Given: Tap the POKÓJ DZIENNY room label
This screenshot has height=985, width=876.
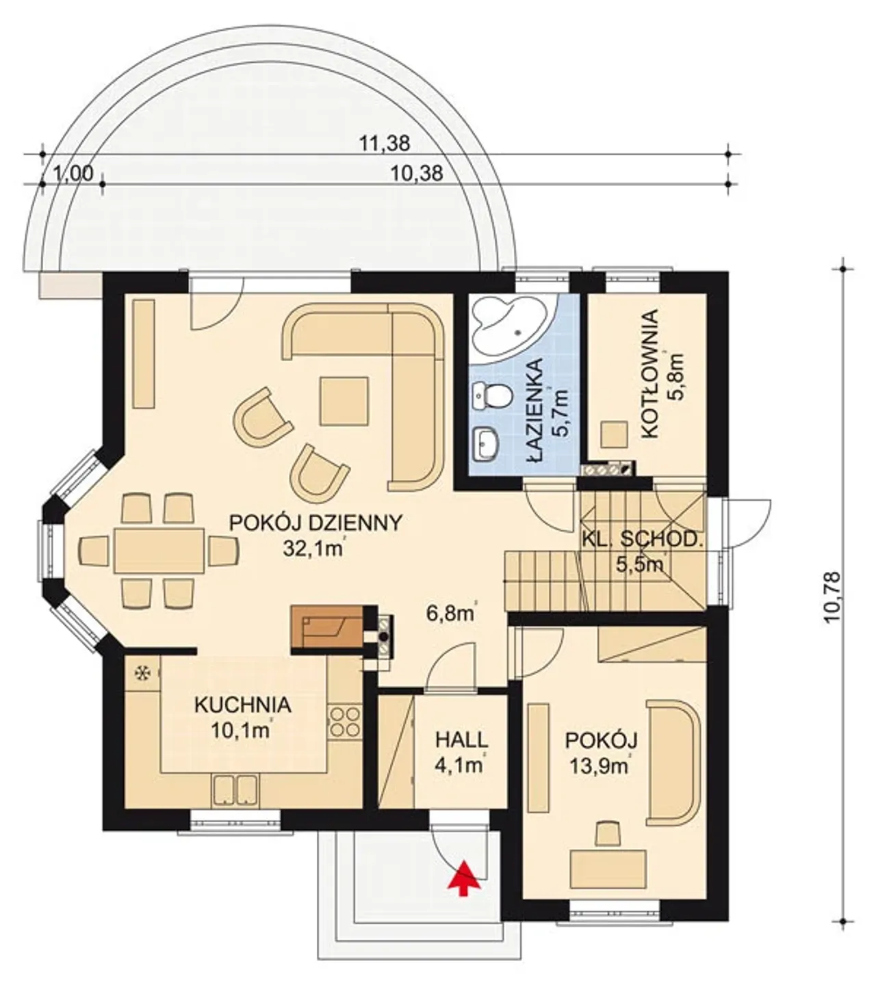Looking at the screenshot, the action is click(x=315, y=523).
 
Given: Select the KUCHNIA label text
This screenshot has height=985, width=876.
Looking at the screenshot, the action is click(x=243, y=705).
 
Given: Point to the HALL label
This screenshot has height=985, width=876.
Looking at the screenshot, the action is click(x=461, y=740).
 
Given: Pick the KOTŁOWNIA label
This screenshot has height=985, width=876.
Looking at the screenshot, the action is click(x=649, y=374).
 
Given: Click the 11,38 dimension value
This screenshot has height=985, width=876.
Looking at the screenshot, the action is click(x=385, y=144).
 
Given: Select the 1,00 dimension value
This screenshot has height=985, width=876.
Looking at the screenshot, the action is click(x=73, y=174).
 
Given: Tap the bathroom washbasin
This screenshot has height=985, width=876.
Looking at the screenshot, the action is click(x=486, y=443).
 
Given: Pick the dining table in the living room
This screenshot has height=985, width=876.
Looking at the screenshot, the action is click(x=159, y=551).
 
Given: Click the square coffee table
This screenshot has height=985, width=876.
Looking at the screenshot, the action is click(x=344, y=401).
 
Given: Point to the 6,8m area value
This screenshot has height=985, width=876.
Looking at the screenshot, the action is click(x=450, y=614).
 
